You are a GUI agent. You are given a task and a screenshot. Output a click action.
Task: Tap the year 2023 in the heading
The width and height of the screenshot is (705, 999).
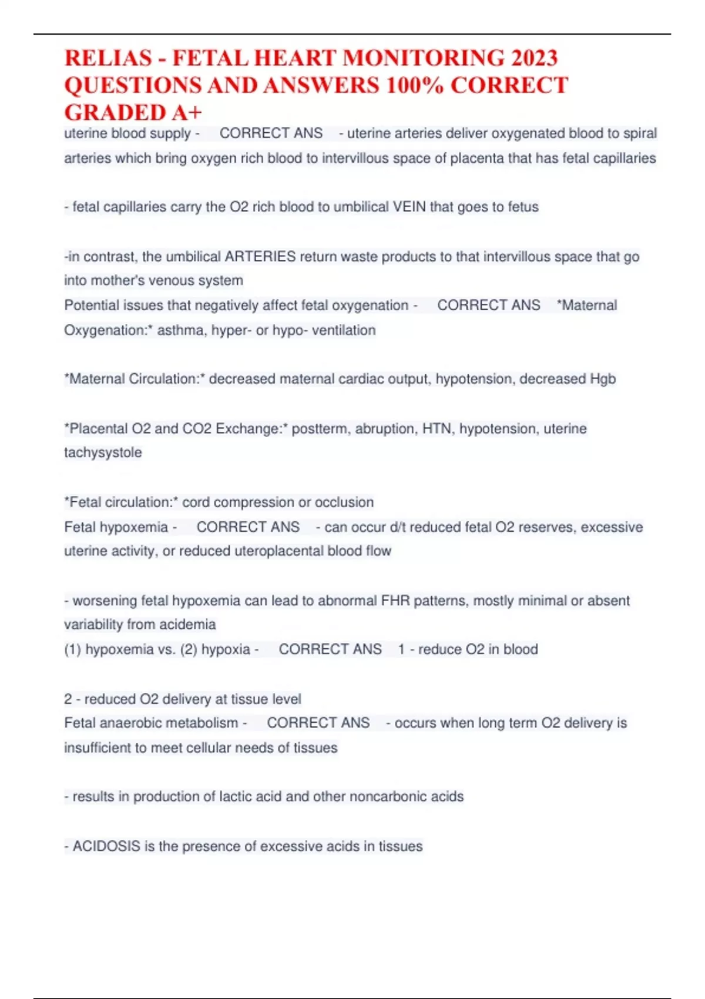click(533, 58)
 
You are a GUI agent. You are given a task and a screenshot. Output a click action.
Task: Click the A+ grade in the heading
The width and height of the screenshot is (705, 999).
click(187, 112)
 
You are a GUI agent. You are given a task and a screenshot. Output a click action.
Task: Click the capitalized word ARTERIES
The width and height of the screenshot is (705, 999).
click(260, 257)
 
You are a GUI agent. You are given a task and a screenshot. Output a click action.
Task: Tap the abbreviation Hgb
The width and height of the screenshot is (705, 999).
click(602, 379)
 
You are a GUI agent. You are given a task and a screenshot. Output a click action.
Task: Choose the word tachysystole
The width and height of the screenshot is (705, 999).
click(103, 452)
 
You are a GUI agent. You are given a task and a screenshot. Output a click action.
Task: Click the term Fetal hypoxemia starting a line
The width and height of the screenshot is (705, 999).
click(116, 527)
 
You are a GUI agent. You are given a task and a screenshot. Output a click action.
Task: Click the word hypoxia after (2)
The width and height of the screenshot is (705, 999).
click(226, 649)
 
